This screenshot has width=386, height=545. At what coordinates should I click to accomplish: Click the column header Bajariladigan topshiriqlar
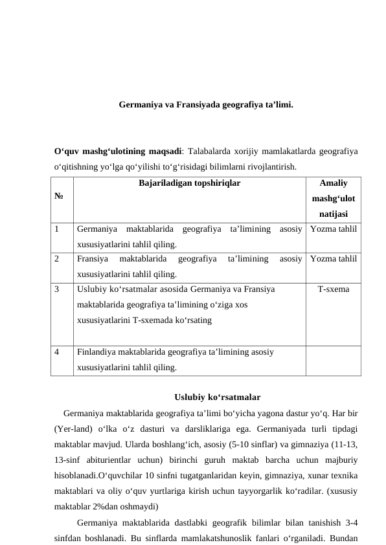click(x=189, y=183)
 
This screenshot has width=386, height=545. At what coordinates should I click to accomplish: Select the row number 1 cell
click(x=58, y=228)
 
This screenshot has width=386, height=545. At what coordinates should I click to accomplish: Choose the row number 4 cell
click(x=58, y=353)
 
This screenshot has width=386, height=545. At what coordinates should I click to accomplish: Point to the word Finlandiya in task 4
click(x=97, y=353)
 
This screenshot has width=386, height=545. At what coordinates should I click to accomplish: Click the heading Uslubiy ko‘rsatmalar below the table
click(x=218, y=397)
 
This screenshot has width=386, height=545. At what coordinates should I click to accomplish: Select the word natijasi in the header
click(x=334, y=214)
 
